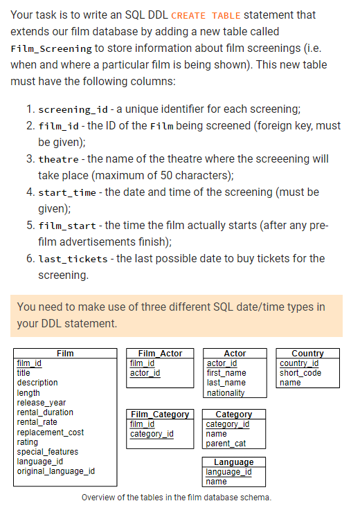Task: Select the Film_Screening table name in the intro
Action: [51, 48]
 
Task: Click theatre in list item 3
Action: [58, 159]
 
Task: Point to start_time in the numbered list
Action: [66, 192]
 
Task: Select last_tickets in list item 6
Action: [72, 259]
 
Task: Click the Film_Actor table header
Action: [160, 354]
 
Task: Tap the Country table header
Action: [307, 354]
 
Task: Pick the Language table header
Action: [233, 462]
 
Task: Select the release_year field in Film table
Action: [42, 403]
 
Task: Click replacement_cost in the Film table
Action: [50, 432]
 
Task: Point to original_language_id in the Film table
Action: [56, 472]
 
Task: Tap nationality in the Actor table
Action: [226, 393]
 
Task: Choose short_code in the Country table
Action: [300, 373]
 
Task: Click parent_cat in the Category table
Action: [226, 444]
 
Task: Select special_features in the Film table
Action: [48, 452]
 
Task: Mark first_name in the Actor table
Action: [226, 373]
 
